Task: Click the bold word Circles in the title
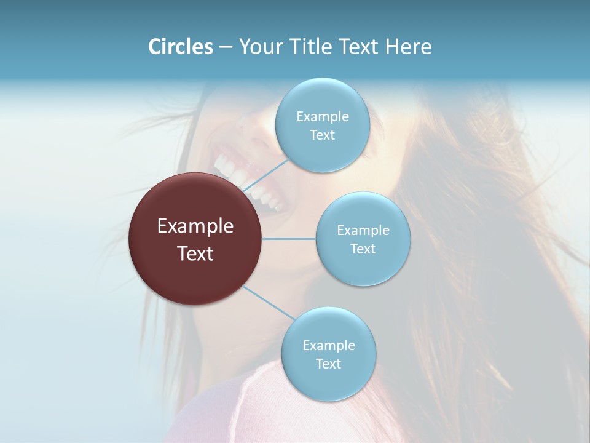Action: [x=180, y=47]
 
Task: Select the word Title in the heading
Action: [x=312, y=47]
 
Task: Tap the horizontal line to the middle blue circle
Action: [x=289, y=239]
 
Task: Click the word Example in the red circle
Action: [x=195, y=226]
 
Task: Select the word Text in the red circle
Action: [x=195, y=253]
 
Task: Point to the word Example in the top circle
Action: [x=322, y=116]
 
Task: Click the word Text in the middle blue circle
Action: [x=363, y=249]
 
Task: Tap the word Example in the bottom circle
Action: [x=329, y=345]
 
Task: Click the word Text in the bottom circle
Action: [x=328, y=364]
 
